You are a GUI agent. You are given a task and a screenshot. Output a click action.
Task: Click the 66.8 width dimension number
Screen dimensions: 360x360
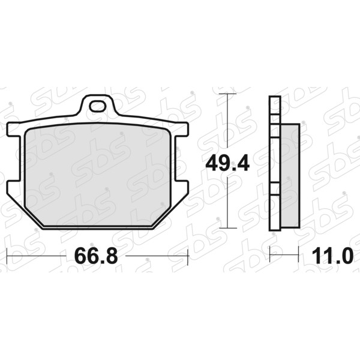[x=96, y=256]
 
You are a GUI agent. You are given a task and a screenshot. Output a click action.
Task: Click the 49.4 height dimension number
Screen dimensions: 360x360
[x=227, y=163]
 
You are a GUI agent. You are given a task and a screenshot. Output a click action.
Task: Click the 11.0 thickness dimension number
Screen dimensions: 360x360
[x=332, y=256]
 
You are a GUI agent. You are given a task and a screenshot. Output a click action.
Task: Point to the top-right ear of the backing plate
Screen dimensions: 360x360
[x=181, y=130]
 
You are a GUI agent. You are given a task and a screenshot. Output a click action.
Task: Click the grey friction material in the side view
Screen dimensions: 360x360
[x=290, y=176]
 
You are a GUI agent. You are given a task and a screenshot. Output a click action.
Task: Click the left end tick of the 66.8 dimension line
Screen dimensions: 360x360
[x=7, y=256]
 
